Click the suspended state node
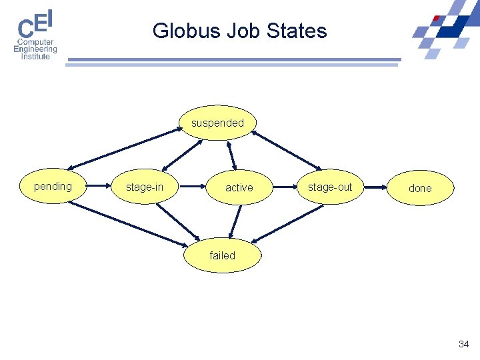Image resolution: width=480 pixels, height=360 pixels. pos(218,123)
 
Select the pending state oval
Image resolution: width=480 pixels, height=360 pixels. pos(53,187)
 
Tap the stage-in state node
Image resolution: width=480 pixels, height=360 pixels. pos(145,187)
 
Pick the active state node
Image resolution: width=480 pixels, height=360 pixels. pos(239,188)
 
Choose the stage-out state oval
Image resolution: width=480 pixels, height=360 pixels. pos(330,187)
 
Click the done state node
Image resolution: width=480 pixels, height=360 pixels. pos(420,188)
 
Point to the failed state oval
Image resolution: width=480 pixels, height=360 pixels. pos(222,255)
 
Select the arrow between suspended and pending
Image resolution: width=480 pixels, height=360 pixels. pos(124,148)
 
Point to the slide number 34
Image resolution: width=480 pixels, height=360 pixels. pos(464,344)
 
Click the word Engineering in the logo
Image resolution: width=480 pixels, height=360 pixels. pos(35,49)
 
